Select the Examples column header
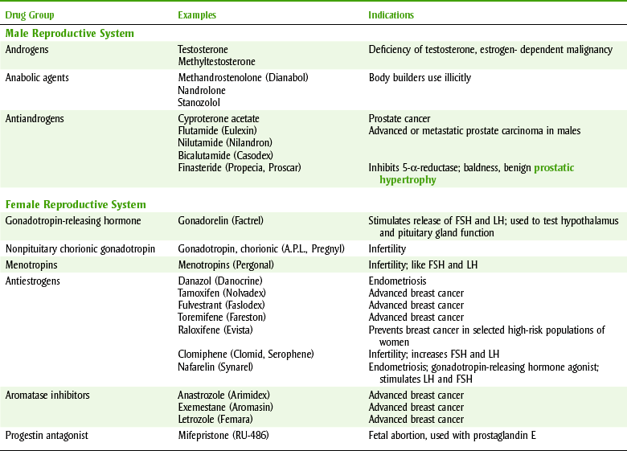pyautogui.click(x=197, y=14)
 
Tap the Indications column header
pyautogui.click(x=391, y=14)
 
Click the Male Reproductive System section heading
pyautogui.click(x=69, y=34)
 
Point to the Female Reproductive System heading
pyautogui.click(x=76, y=204)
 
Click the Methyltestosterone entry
pyautogui.click(x=216, y=61)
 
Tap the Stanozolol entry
pyautogui.click(x=200, y=102)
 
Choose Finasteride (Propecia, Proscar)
pyautogui.click(x=240, y=167)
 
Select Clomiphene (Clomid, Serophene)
pyautogui.click(x=245, y=354)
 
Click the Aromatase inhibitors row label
pyautogui.click(x=46, y=395)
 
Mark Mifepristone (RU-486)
pyautogui.click(x=223, y=435)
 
